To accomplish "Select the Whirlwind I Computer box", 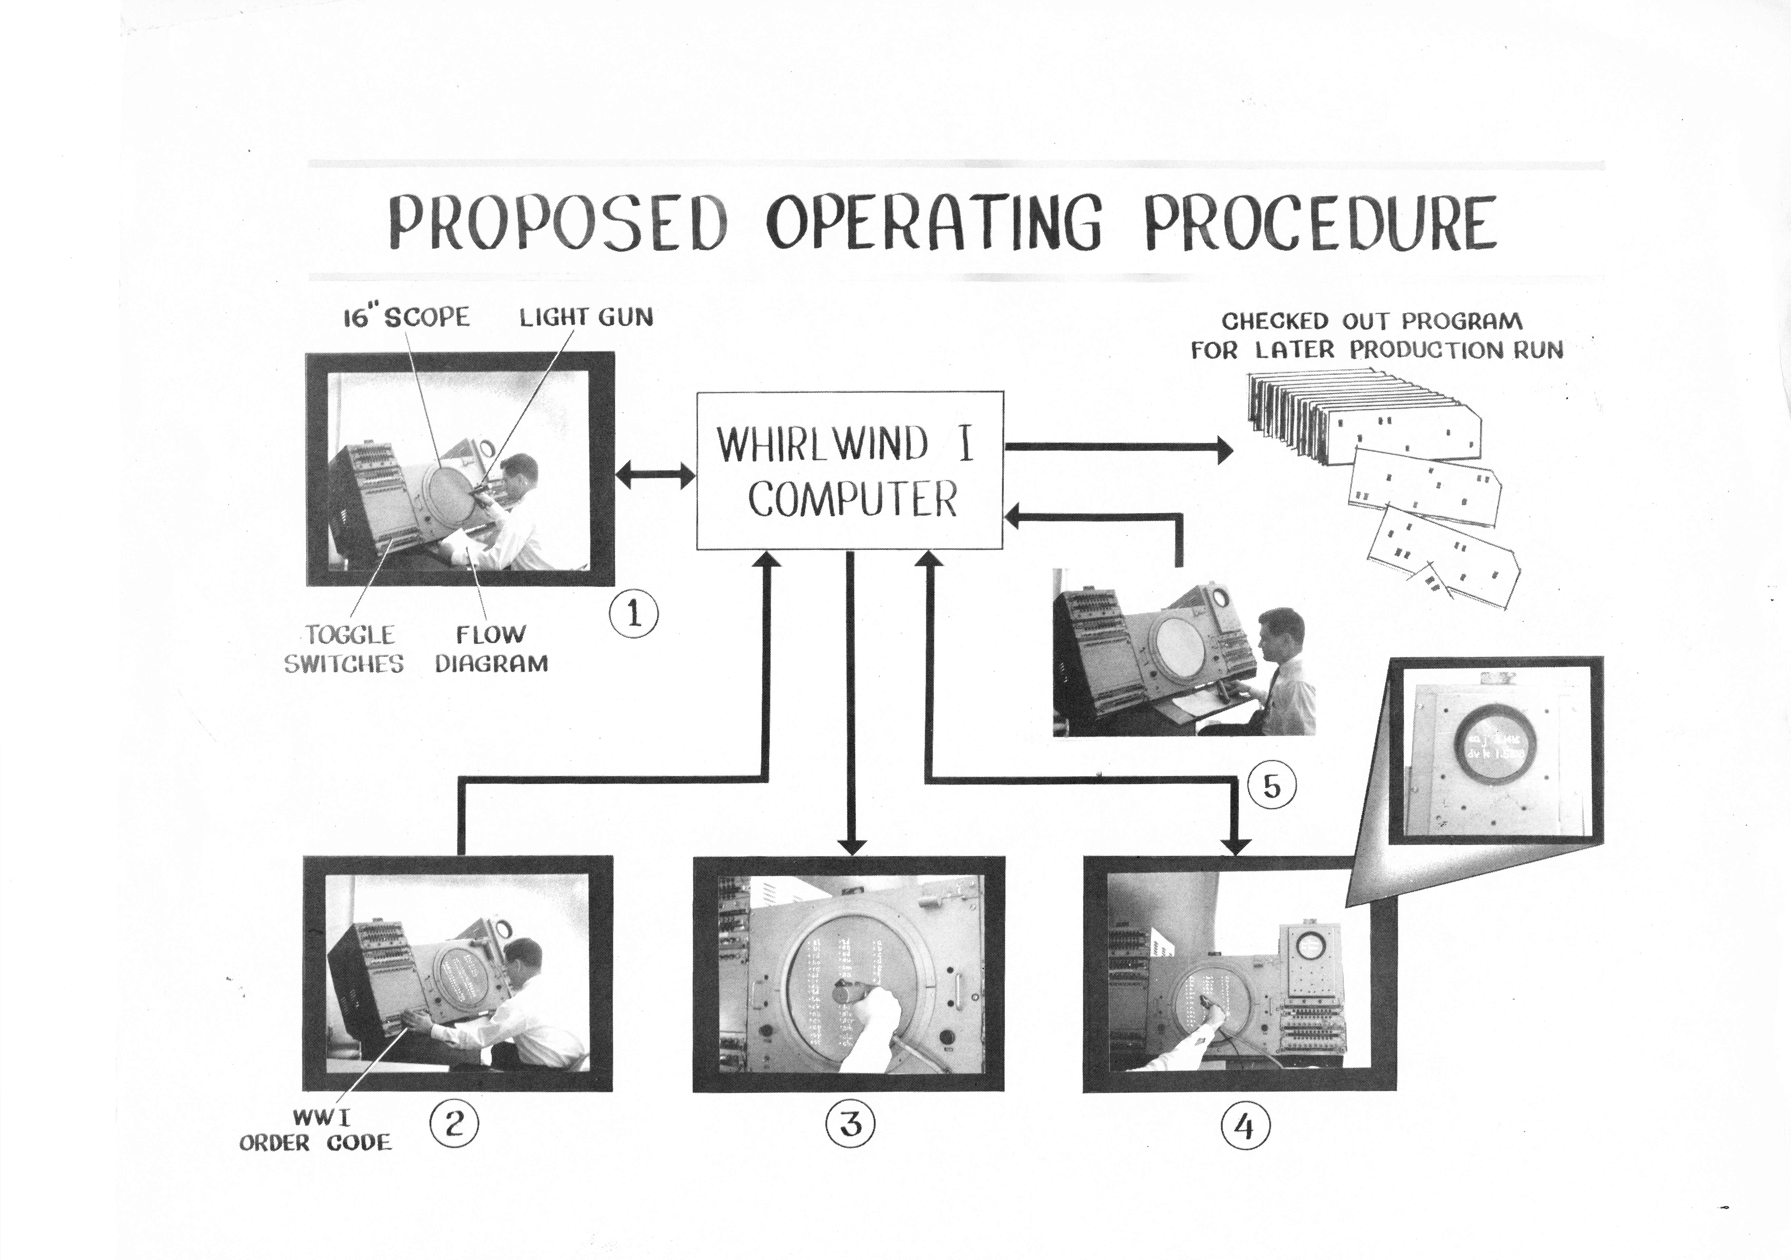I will click(849, 471).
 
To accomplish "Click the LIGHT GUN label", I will click(587, 318).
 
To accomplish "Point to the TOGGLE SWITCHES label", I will click(344, 649).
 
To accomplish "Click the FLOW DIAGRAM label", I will click(491, 649).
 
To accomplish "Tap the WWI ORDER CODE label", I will click(315, 1132).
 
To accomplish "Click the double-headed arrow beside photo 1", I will click(655, 475).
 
